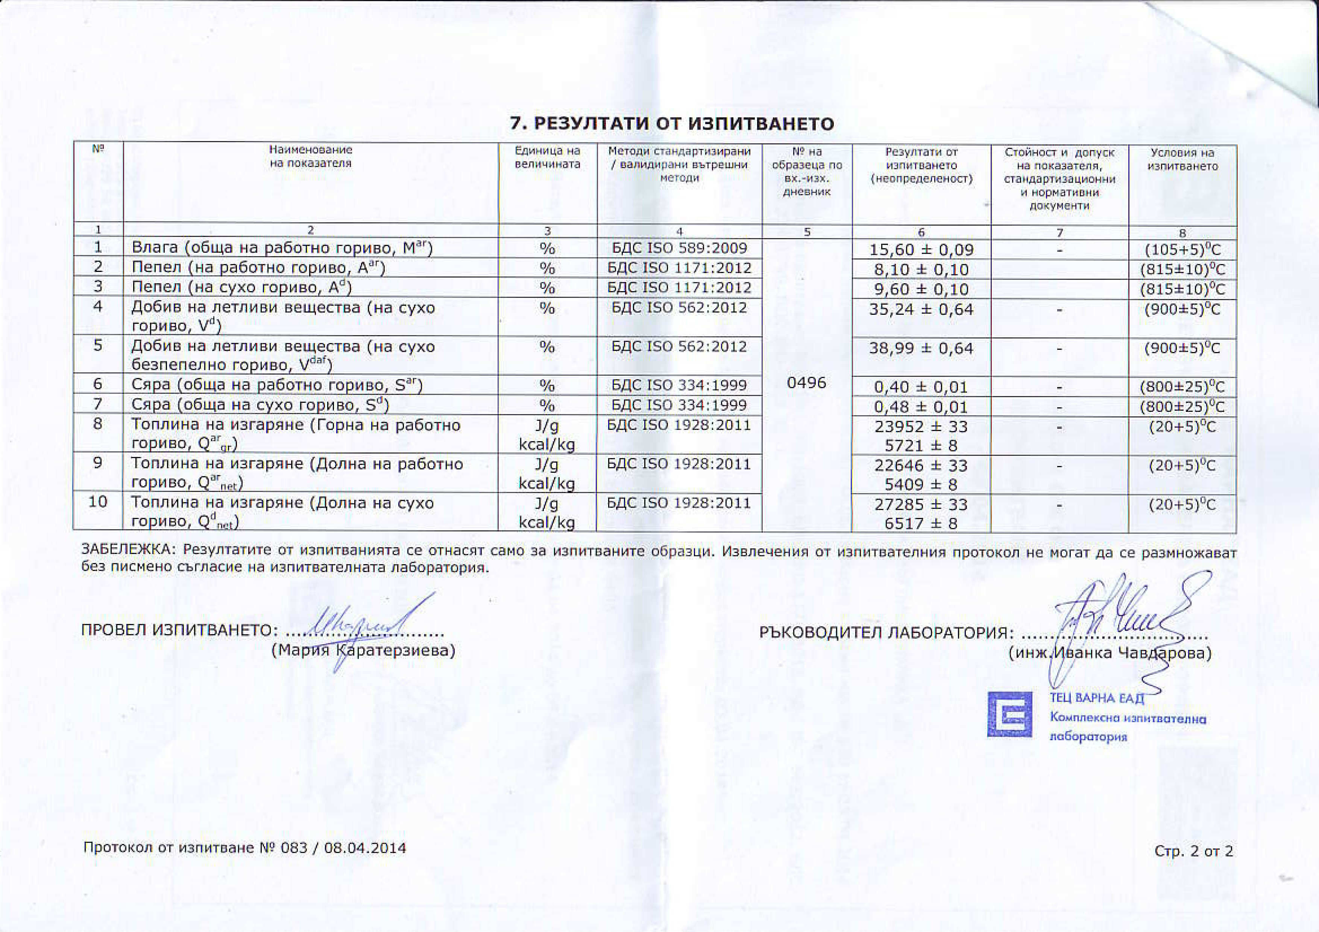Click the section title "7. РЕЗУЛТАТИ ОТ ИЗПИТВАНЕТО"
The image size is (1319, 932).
672,123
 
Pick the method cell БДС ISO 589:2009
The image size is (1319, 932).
679,248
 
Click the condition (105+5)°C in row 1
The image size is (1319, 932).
1182,250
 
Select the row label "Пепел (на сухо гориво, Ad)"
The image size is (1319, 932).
241,287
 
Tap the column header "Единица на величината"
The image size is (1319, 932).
548,158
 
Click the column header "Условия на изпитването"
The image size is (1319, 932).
1182,159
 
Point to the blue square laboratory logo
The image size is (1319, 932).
1009,713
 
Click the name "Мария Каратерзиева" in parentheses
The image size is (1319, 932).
363,650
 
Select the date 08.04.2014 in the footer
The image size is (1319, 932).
365,847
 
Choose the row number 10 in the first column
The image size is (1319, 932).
98,502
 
